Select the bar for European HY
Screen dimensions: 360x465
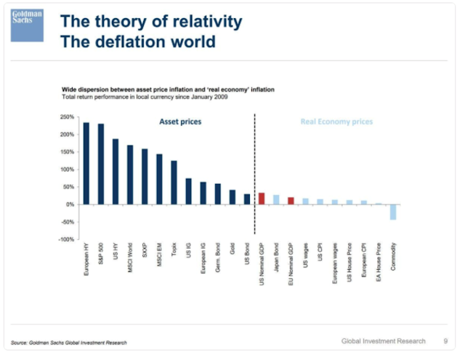(x=86, y=163)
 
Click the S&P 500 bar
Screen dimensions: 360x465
(x=101, y=164)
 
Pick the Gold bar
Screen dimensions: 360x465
(x=232, y=197)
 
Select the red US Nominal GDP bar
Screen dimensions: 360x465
(x=262, y=199)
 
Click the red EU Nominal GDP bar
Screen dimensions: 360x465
(x=291, y=201)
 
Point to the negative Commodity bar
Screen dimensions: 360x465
(x=393, y=212)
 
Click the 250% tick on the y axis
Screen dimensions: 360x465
(x=68, y=117)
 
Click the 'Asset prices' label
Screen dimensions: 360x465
(x=180, y=121)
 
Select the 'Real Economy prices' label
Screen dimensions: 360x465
(x=336, y=121)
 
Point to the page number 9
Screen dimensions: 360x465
(x=445, y=340)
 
